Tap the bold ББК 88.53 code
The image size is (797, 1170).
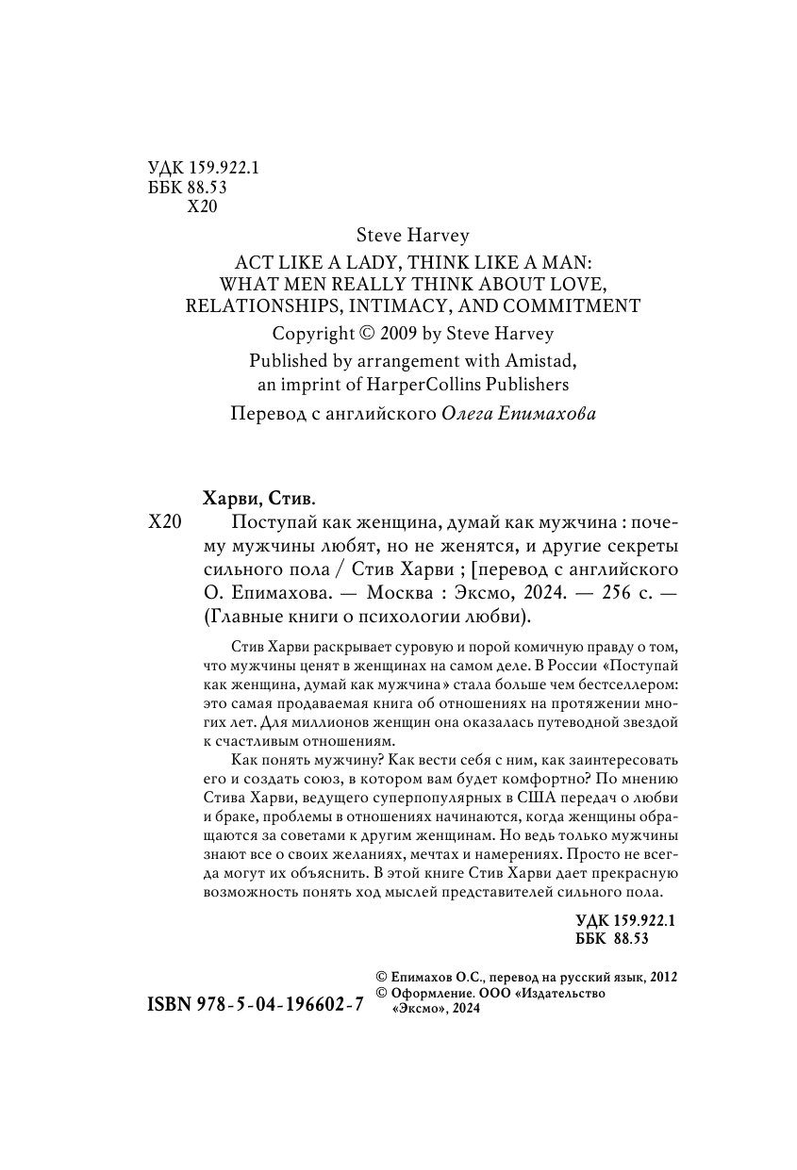click(x=612, y=939)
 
